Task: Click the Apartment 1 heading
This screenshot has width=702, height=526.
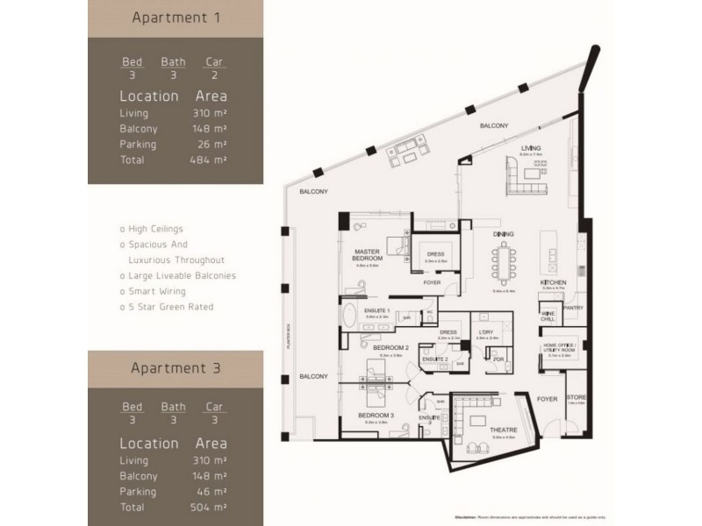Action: coord(174,18)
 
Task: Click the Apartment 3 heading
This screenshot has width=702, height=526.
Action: coord(174,369)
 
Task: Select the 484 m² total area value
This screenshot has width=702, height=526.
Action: coord(210,160)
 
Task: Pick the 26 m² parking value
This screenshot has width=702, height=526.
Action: coord(211,144)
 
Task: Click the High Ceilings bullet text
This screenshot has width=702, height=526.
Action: coord(154,229)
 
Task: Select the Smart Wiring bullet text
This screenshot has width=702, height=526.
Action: coord(154,291)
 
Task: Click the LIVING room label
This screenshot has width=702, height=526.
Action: coord(529,149)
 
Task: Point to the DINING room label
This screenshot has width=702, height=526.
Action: coord(503,234)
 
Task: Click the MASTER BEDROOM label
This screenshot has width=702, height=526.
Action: coord(367,254)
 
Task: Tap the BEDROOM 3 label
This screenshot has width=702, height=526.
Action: coord(375,415)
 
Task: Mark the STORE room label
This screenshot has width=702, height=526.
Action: coord(576,397)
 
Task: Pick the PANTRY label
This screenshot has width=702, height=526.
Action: coord(575,308)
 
